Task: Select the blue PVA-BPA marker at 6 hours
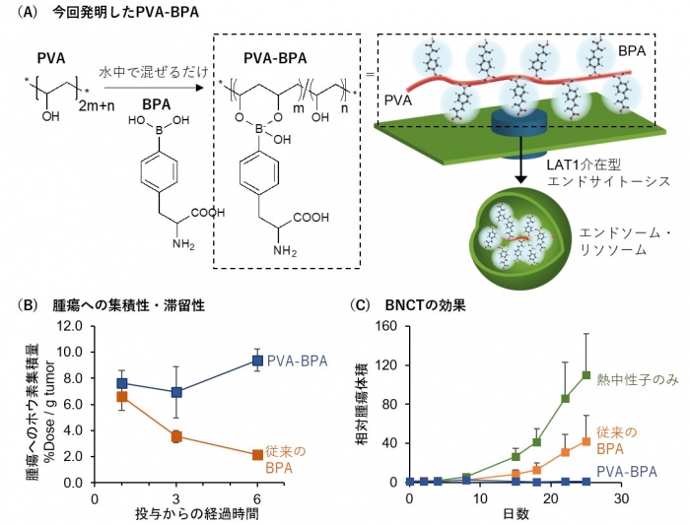[258, 361]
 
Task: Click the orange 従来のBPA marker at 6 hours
[258, 454]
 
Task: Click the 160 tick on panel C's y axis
[389, 325]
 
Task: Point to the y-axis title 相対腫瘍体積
[362, 404]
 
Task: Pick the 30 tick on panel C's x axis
[620, 498]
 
